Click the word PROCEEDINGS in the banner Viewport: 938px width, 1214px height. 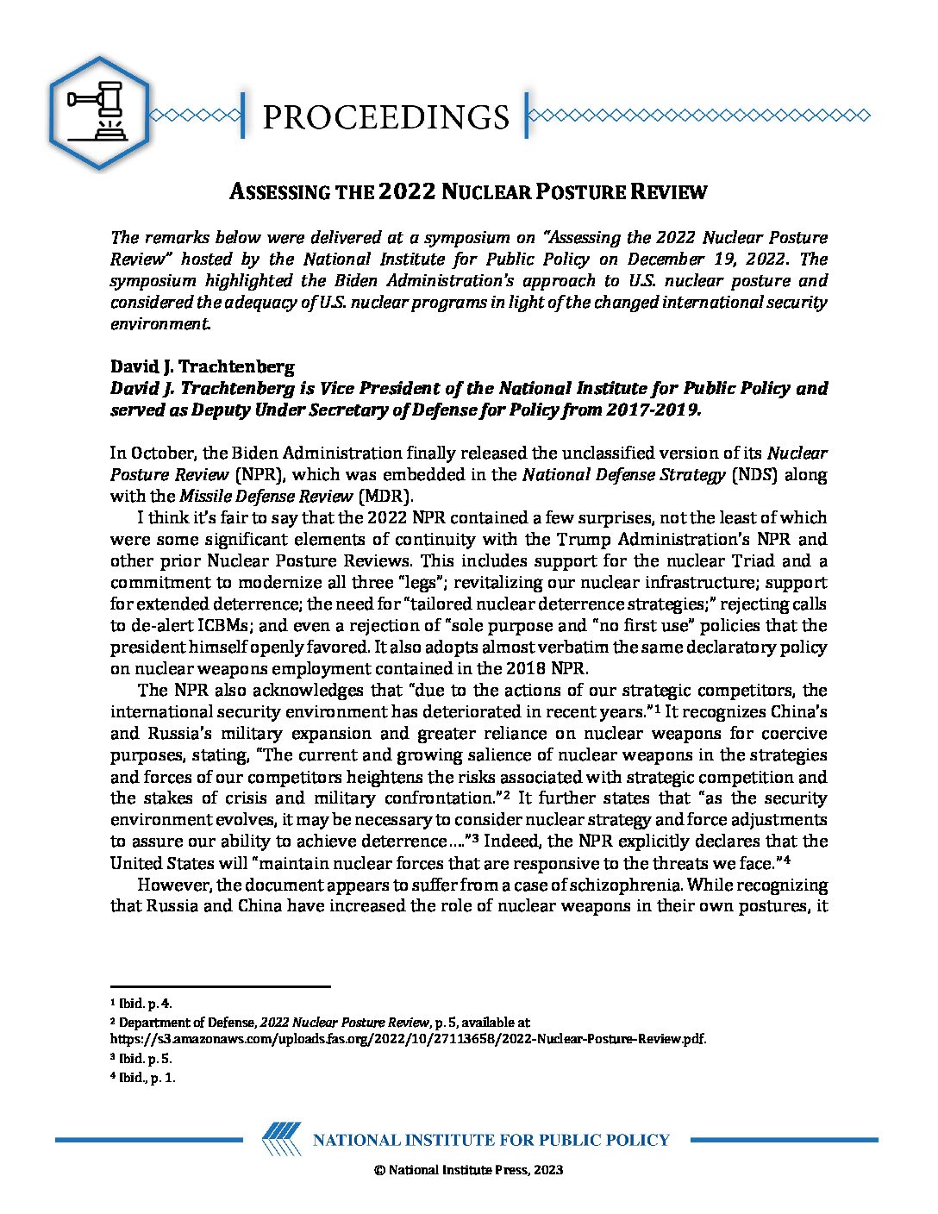(x=385, y=117)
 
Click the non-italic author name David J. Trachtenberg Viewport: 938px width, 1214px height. (x=202, y=366)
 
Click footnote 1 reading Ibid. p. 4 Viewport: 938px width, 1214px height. (x=141, y=1003)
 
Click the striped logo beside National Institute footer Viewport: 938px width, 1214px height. (x=281, y=1139)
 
